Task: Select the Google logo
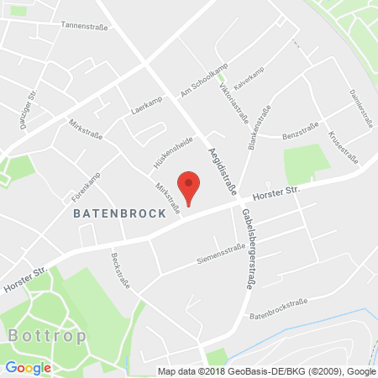click(x=28, y=367)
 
